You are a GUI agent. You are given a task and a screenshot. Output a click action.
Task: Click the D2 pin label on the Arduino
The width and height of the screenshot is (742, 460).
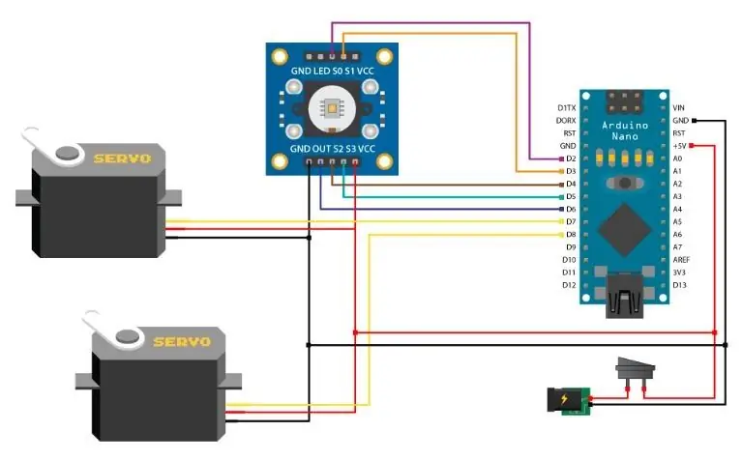(571, 158)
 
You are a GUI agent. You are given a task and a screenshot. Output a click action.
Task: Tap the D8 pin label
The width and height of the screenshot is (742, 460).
(571, 235)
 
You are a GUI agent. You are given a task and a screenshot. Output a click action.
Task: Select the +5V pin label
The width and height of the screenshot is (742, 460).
(679, 146)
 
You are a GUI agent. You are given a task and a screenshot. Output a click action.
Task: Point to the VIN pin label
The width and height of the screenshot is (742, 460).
(678, 108)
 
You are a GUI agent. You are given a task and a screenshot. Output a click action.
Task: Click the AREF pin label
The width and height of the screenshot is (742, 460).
(681, 260)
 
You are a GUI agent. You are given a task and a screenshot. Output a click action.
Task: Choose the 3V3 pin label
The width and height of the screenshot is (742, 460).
(679, 273)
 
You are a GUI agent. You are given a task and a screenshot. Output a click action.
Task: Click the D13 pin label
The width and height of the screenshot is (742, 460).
(679, 285)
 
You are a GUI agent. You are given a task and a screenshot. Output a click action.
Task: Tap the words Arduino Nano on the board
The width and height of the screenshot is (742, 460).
(625, 131)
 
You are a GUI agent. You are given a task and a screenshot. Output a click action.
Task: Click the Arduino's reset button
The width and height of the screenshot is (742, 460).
(625, 183)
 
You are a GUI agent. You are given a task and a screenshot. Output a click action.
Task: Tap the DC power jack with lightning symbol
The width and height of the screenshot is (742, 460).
(569, 401)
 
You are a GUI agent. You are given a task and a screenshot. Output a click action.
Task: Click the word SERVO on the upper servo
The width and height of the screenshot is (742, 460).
(122, 158)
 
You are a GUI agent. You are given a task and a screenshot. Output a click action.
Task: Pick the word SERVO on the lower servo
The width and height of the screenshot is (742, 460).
(182, 341)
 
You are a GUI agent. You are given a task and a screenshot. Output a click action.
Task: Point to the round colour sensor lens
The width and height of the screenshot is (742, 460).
(332, 109)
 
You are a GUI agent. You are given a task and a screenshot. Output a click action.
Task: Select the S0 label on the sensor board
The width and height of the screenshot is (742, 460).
(338, 72)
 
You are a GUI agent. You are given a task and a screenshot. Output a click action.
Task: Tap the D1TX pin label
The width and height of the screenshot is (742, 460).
(567, 108)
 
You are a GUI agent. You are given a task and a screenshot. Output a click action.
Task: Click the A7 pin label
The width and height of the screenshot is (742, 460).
(677, 247)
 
